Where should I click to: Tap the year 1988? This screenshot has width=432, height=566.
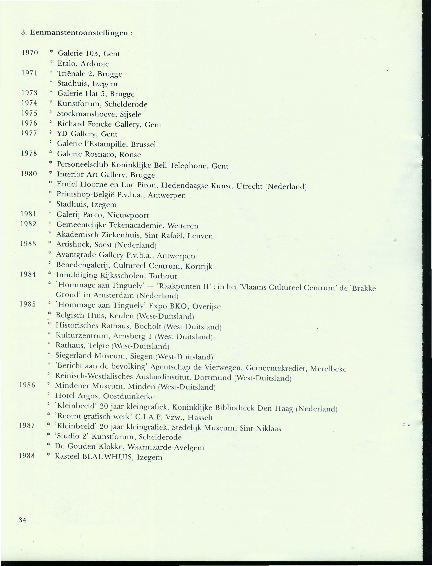(27, 456)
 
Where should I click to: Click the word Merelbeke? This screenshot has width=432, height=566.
(328, 369)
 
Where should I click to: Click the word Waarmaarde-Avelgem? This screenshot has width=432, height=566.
(166, 447)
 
